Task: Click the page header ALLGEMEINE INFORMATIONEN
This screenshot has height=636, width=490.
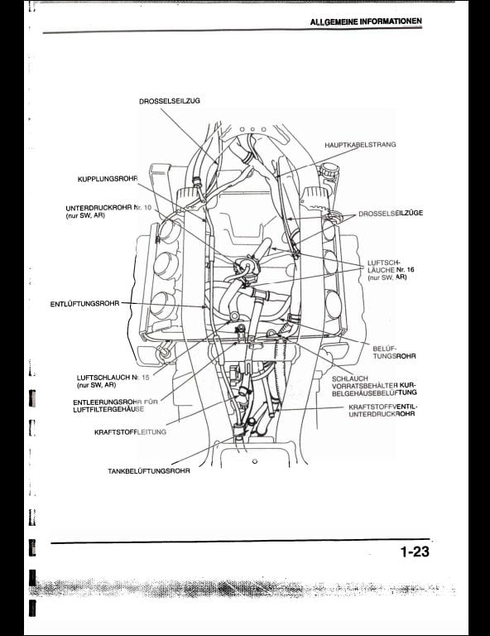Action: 366,22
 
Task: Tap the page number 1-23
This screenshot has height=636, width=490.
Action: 415,552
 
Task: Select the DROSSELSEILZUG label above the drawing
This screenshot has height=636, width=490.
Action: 170,101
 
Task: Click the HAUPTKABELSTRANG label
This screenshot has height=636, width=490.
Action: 360,144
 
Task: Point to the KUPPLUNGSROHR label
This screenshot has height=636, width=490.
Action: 108,179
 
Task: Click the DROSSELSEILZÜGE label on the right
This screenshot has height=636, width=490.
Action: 391,213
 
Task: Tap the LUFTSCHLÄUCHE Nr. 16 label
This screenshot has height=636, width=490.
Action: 387,270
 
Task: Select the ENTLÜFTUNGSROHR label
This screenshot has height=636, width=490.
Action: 84,303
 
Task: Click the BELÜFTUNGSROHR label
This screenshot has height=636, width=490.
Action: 394,352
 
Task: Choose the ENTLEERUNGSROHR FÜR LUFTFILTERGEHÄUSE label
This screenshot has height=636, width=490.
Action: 116,406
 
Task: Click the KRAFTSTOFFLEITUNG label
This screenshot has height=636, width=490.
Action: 130,432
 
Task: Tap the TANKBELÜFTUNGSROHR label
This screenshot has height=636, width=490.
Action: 149,471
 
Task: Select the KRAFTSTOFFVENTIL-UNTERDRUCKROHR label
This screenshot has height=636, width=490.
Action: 383,410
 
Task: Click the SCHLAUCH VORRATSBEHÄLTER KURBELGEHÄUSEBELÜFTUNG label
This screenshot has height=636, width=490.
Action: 374,385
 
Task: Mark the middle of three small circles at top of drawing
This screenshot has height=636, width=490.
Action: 253,129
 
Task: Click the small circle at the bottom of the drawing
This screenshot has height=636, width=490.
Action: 255,461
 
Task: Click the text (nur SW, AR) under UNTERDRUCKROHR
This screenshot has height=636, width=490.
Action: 85,216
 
